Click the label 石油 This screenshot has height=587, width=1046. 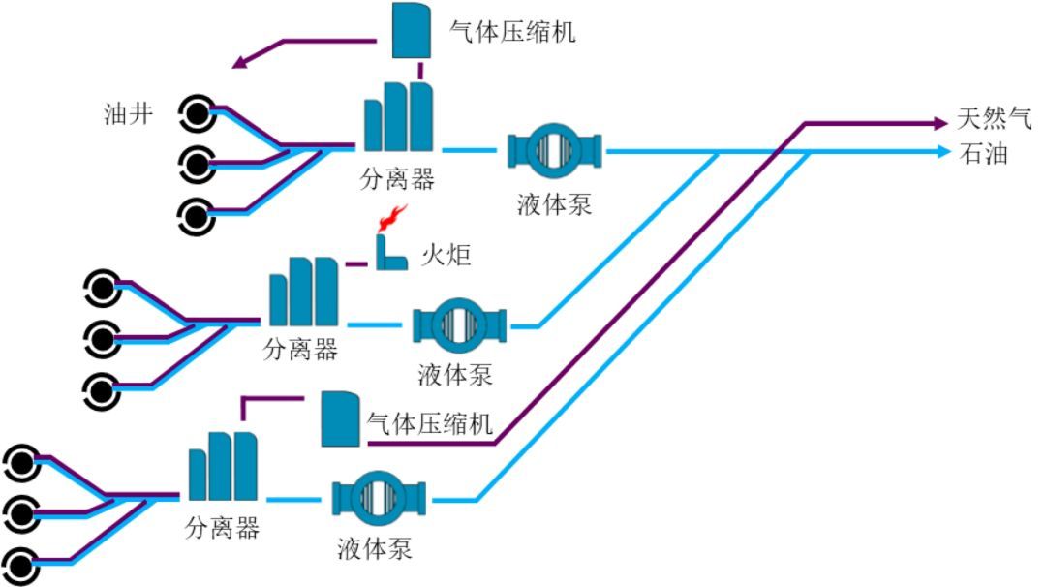pyautogui.click(x=983, y=153)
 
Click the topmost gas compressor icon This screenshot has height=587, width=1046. pyautogui.click(x=412, y=30)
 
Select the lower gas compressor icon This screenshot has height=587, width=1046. pyautogui.click(x=340, y=418)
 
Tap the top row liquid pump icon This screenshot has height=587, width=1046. pyautogui.click(x=554, y=150)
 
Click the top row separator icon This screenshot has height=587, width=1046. pyautogui.click(x=397, y=117)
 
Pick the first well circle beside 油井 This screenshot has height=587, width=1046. pyautogui.click(x=197, y=115)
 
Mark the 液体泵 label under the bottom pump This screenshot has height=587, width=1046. pyautogui.click(x=376, y=549)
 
